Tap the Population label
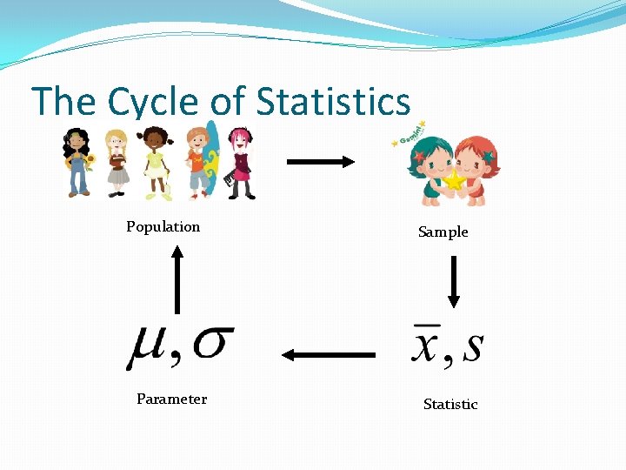coord(163,226)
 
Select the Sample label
coord(443,232)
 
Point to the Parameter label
coord(171,399)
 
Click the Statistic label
coord(450,404)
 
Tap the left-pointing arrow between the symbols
coord(329,354)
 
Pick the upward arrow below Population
coord(177,279)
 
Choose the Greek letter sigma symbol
coord(211,343)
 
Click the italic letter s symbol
coord(473,346)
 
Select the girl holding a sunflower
coord(77,162)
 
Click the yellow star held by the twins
coord(454,180)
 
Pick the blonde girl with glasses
coord(117,162)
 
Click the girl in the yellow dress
coord(156,162)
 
